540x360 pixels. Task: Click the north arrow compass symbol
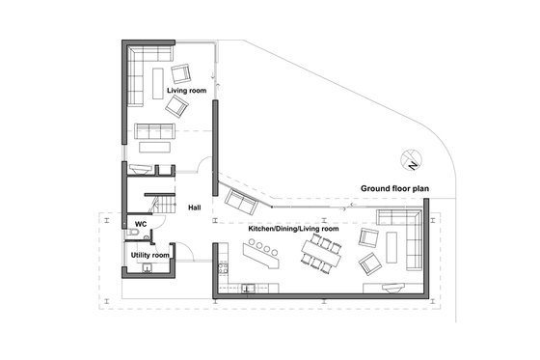coord(412,159)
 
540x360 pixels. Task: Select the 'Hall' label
coord(194,208)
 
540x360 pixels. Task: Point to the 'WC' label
coord(140,224)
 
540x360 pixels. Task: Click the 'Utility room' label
coord(149,255)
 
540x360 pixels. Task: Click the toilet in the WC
coord(129,233)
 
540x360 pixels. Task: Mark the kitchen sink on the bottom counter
coord(248,288)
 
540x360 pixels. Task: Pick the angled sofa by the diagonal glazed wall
coord(240,202)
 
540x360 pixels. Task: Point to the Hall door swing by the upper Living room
coord(203,167)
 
